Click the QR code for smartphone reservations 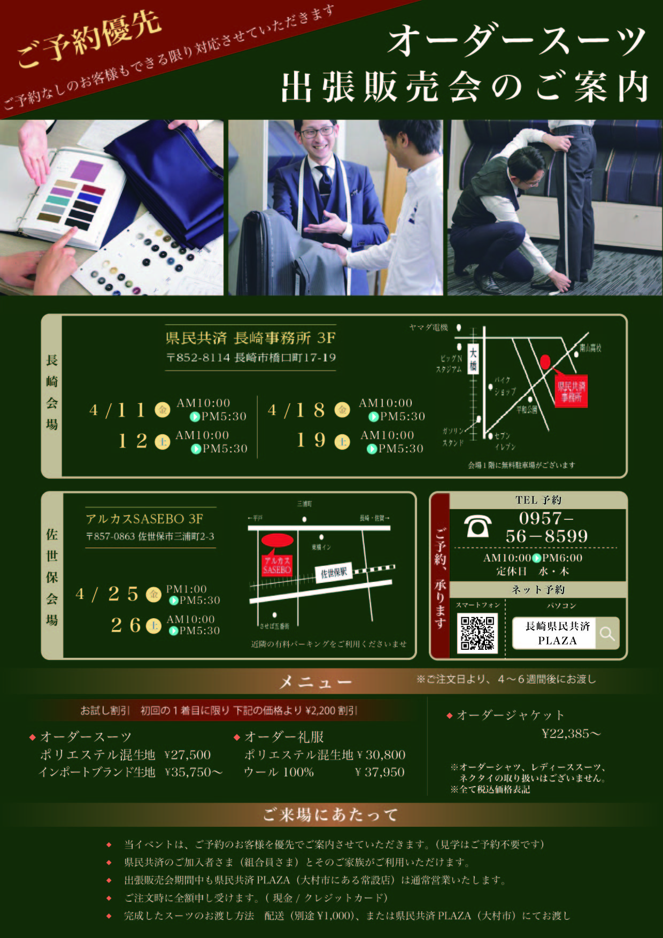tap(478, 633)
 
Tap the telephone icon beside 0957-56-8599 tap(477, 526)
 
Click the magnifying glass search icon tap(607, 634)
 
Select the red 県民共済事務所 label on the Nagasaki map tap(571, 391)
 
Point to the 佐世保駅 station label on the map tap(334, 573)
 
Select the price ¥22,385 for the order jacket tap(571, 734)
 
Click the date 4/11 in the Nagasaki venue tap(117, 410)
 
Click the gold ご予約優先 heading tap(88, 40)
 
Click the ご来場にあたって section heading tap(330, 814)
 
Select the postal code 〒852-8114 tap(198, 357)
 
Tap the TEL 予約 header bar tap(538, 500)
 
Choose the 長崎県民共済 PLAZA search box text tap(557, 633)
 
